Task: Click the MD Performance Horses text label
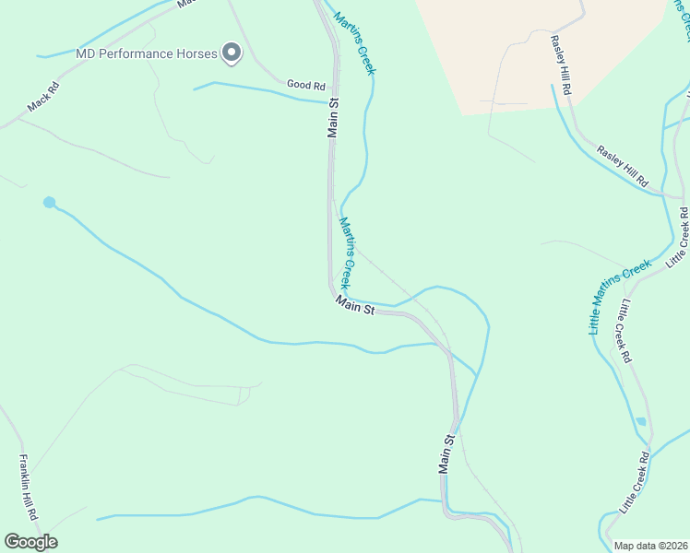[146, 53]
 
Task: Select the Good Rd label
[306, 85]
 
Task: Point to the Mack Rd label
[42, 98]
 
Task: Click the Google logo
[30, 542]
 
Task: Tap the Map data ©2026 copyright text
[651, 546]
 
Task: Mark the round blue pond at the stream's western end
[49, 202]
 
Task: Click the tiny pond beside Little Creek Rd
[640, 421]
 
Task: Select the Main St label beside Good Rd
[333, 118]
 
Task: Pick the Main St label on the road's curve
[355, 305]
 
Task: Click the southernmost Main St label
[446, 455]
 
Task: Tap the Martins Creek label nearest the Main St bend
[346, 252]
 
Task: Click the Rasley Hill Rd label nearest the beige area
[562, 65]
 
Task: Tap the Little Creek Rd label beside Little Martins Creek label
[625, 330]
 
